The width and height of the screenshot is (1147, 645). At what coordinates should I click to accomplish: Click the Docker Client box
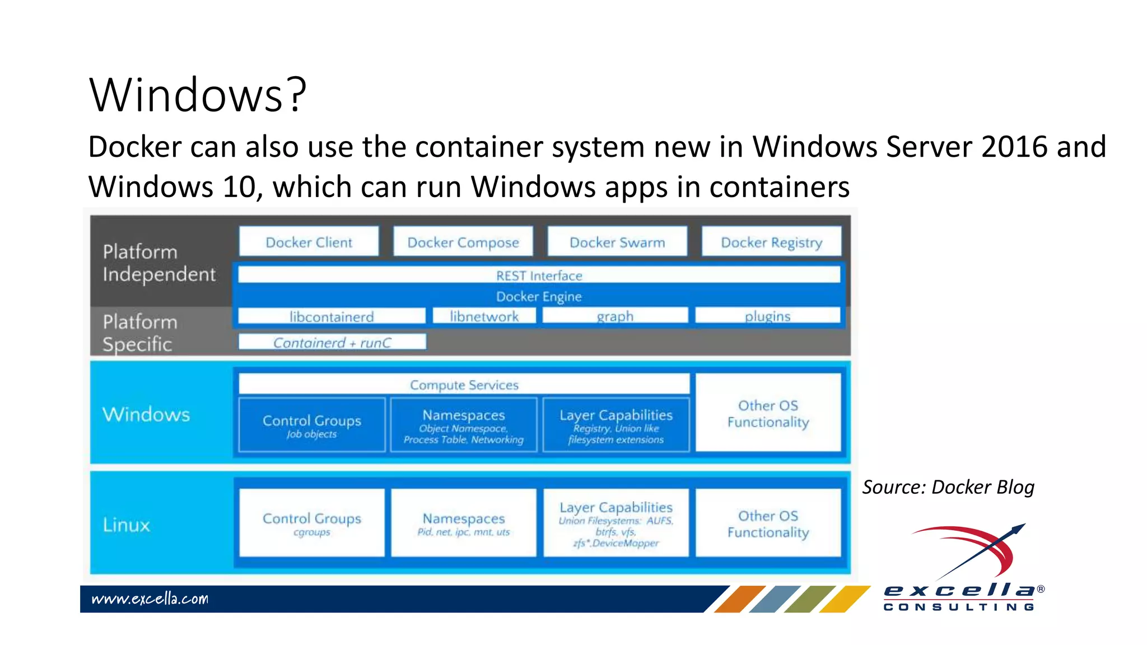[x=309, y=242]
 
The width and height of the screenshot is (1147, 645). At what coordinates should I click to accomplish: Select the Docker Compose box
[x=463, y=242]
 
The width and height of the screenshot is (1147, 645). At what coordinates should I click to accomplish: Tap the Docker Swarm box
[x=617, y=242]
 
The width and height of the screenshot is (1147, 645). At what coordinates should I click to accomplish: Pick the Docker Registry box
[x=771, y=242]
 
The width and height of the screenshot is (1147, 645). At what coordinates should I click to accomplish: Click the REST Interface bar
[x=539, y=275]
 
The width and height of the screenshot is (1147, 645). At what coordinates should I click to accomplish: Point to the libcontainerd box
[x=332, y=316]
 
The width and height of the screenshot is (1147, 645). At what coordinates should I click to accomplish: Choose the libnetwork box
[x=484, y=316]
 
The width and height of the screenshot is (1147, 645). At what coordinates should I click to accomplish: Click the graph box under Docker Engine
[x=615, y=316]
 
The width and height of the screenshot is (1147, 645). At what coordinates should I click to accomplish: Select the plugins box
[x=767, y=316]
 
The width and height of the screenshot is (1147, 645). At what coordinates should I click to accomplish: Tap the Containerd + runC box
[x=332, y=342]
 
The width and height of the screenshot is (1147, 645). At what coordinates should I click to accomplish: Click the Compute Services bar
[x=464, y=385]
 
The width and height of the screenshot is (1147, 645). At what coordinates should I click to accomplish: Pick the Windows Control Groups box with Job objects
[x=312, y=425]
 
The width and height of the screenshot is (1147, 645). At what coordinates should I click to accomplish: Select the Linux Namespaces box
[x=464, y=523]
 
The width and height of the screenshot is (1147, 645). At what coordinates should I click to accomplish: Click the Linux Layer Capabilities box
[x=616, y=523]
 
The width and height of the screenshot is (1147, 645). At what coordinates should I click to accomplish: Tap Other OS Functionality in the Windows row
[x=768, y=413]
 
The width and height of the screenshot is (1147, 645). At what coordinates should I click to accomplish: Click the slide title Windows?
[x=198, y=95]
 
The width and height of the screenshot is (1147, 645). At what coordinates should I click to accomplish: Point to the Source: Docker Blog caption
[x=948, y=487]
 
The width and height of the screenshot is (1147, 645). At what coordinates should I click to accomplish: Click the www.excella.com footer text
[x=150, y=599]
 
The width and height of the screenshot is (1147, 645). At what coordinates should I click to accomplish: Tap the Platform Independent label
[x=159, y=263]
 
